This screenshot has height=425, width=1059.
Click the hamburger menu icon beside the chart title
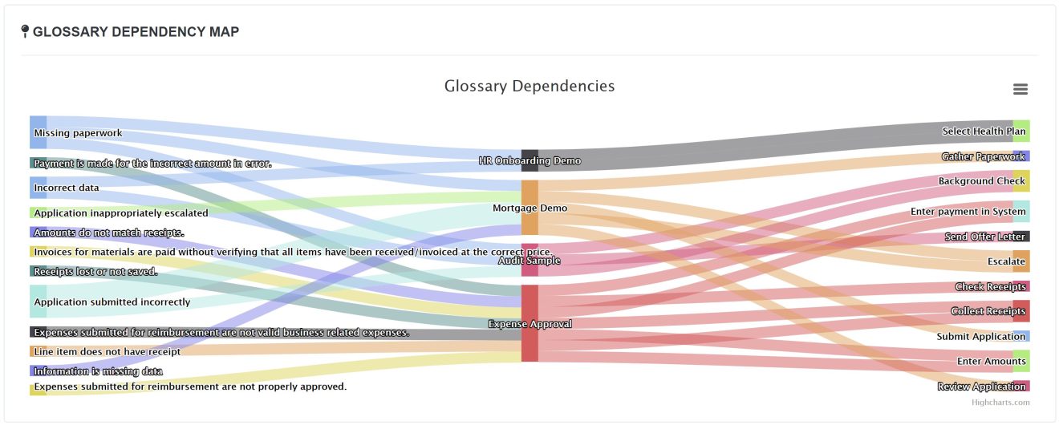[x=1020, y=89]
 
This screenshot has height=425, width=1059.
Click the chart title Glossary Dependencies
[x=529, y=86]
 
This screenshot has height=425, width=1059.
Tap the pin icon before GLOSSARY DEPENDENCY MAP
[x=25, y=31]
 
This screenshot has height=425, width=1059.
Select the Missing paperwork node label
[x=78, y=133]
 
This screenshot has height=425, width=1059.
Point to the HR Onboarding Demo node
[x=529, y=160]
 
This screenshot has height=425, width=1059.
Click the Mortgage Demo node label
[x=529, y=208]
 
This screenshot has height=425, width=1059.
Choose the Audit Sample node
[x=529, y=260]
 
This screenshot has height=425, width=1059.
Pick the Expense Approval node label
[x=529, y=324]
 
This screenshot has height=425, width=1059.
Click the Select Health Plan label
[x=983, y=132]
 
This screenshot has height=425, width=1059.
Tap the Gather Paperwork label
[x=983, y=156]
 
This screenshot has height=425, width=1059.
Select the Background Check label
[x=981, y=181]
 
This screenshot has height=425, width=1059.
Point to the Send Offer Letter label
[x=984, y=237]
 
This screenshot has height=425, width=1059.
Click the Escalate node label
[x=1006, y=261]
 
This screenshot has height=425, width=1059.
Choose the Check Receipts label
[x=990, y=286]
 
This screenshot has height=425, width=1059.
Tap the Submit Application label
[x=980, y=337]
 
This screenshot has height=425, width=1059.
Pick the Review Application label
[x=981, y=387]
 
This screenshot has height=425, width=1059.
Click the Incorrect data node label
[x=67, y=188]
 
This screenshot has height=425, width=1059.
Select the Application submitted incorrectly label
[x=112, y=302]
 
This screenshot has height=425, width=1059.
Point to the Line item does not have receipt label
[x=108, y=351]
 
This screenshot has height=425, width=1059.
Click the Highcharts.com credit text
[x=1000, y=403]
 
